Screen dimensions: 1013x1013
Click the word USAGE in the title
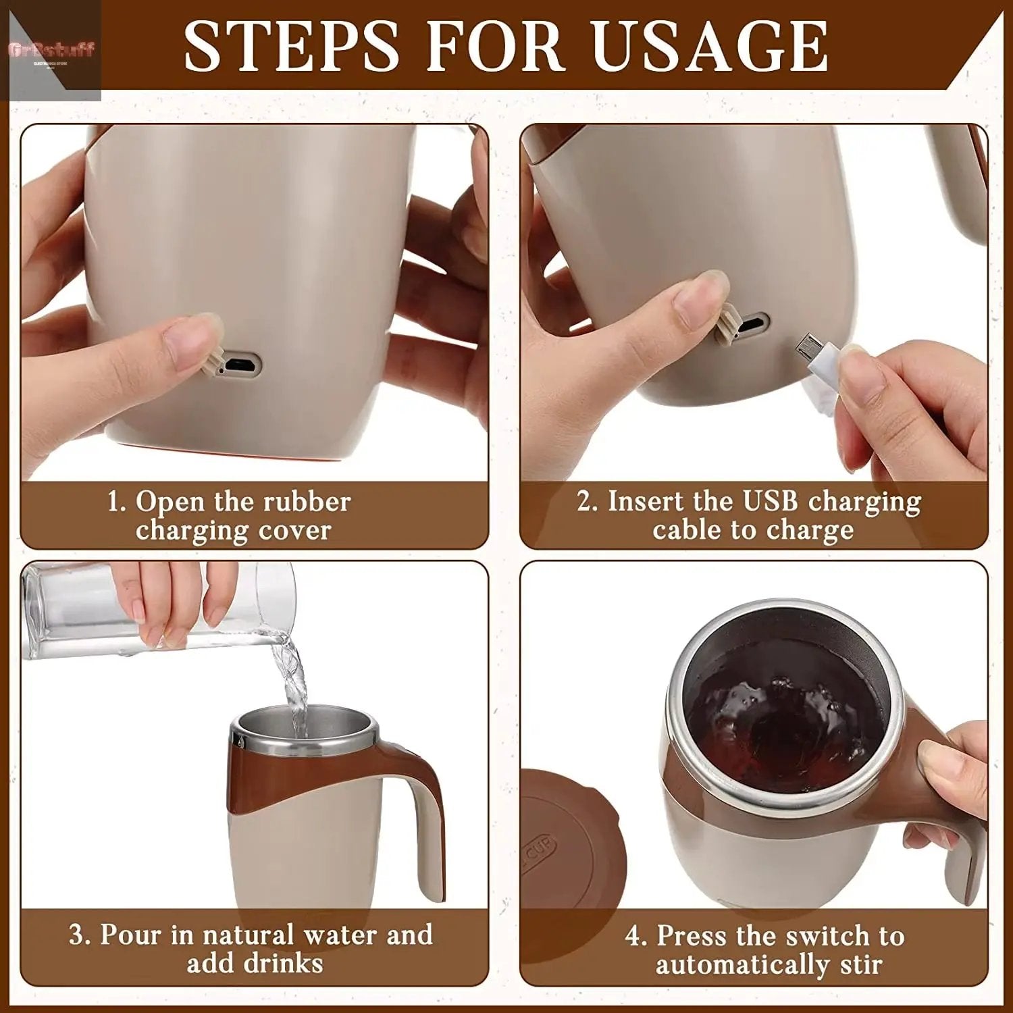pos(709,46)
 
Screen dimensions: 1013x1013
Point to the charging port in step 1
pos(239,365)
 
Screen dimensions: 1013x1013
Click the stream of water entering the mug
pos(295,682)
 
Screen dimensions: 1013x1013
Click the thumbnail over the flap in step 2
pos(702,297)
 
